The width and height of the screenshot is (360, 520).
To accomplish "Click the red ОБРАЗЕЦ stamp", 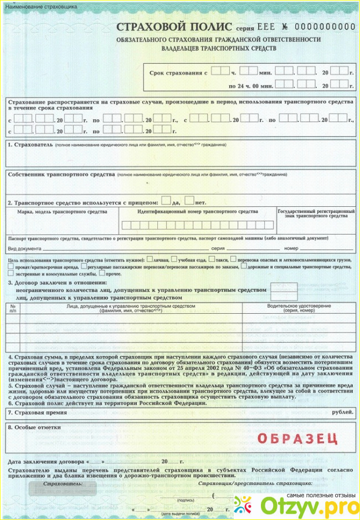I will (x=298, y=438).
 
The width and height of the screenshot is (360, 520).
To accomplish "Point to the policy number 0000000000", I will (x=325, y=27).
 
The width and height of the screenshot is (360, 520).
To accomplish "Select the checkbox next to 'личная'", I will (x=150, y=258).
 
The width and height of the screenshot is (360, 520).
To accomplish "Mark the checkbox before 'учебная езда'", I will (x=174, y=258).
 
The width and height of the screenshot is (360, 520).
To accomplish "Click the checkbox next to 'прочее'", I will (x=100, y=273).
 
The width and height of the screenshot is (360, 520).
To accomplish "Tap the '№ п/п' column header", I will (x=14, y=308).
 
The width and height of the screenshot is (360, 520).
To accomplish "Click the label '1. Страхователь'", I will (x=30, y=144).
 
